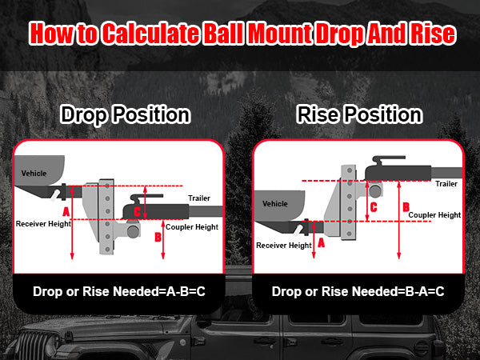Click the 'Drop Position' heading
click(x=126, y=114)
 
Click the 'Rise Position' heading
click(x=359, y=114)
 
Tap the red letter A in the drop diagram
click(x=66, y=211)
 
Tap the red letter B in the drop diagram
click(x=158, y=237)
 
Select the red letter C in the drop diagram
click(x=137, y=211)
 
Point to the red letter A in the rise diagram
click(x=321, y=243)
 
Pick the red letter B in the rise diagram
click(x=406, y=207)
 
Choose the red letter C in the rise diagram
click(x=374, y=207)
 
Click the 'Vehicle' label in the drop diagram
click(x=34, y=174)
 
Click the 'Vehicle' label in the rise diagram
click(x=275, y=203)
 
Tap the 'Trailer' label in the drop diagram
click(x=199, y=198)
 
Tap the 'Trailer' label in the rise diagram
click(x=446, y=184)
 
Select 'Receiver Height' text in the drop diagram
click(x=43, y=224)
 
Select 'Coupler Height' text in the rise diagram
click(x=434, y=215)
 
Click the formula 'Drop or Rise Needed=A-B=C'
click(x=119, y=291)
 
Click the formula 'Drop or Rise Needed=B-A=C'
click(x=358, y=291)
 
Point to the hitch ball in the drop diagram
click(x=133, y=231)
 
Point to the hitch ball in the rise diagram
click(x=375, y=190)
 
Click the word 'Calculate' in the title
click(x=150, y=34)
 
